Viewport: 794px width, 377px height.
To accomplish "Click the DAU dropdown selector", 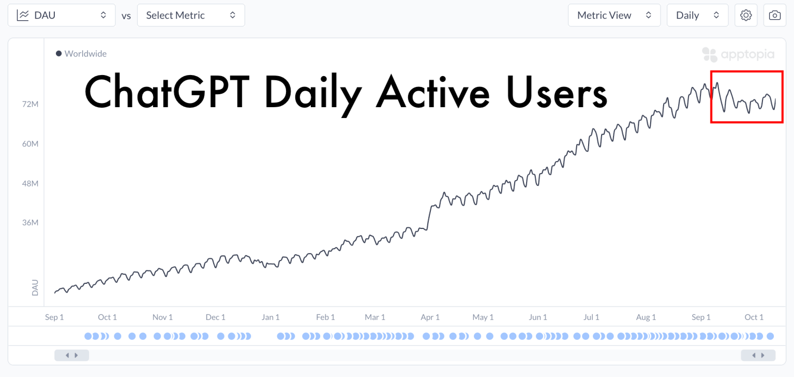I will (61, 16).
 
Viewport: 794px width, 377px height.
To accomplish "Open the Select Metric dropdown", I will (190, 16).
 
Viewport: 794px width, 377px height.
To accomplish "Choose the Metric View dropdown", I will (613, 16).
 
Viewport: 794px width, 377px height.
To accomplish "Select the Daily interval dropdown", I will (697, 16).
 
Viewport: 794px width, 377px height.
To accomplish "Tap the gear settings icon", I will (745, 16).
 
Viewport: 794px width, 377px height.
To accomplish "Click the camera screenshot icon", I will (774, 16).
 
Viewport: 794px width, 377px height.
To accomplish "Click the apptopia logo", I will (738, 54).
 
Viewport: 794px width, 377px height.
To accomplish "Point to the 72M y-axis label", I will (31, 104).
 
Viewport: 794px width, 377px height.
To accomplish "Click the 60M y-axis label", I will (31, 143).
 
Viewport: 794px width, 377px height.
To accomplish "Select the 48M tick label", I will (31, 183).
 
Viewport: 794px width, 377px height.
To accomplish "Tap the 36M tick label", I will (31, 223).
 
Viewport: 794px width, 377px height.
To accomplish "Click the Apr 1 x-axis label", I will (430, 317).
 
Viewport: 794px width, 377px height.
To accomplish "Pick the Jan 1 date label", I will (271, 317).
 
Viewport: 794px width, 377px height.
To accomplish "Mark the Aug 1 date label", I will (646, 317).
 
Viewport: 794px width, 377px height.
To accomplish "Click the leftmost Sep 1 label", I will (54, 317).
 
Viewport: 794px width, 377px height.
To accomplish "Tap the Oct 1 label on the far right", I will (754, 317).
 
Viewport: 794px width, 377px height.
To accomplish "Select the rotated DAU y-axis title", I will (35, 287).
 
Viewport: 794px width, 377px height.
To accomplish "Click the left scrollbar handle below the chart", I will (71, 355).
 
